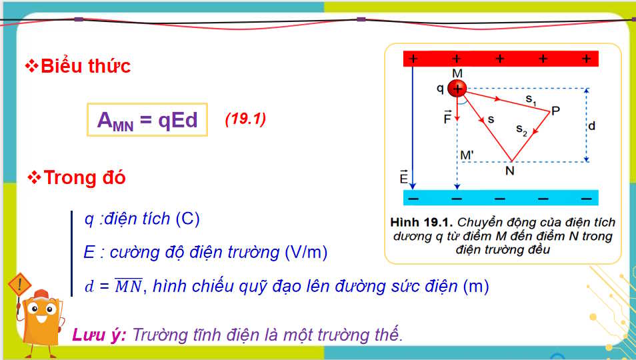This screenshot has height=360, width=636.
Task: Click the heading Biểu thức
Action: click(85, 66)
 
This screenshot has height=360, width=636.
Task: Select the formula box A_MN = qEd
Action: click(147, 120)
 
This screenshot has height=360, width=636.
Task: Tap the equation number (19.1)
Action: click(245, 119)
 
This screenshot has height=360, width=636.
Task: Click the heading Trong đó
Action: click(84, 178)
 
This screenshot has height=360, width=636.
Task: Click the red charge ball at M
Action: click(457, 88)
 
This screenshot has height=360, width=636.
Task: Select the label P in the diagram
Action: click(555, 111)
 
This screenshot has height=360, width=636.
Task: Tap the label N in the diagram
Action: click(510, 171)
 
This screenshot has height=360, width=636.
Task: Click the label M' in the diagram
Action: click(467, 155)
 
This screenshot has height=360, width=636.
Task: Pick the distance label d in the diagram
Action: click(592, 125)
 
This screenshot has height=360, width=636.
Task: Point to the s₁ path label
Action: click(531, 101)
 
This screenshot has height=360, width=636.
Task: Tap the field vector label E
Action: click(403, 178)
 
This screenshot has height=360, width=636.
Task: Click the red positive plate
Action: click(501, 59)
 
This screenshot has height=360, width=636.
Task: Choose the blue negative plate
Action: click(501, 198)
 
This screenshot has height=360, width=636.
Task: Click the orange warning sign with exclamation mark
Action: click(21, 286)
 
